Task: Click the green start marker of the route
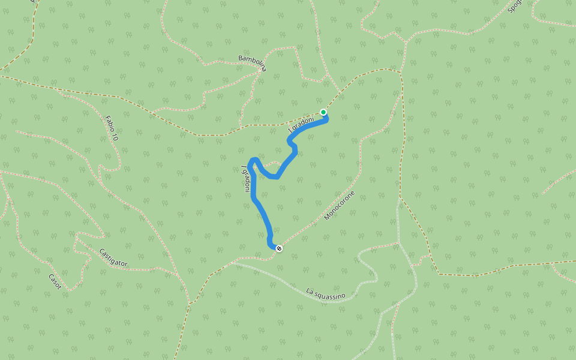[323, 112]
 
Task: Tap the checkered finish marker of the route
[279, 248]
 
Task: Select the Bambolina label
[252, 63]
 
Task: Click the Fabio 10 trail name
[111, 128]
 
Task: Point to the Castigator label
[113, 257]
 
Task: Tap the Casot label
[55, 281]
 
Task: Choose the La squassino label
[326, 294]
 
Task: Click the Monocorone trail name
[340, 205]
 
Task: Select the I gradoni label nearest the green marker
[301, 124]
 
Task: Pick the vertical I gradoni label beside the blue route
[245, 179]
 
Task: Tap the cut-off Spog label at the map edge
[514, 6]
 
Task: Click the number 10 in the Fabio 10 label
[114, 136]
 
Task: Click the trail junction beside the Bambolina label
[262, 71]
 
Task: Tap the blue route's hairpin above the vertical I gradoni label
[254, 160]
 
